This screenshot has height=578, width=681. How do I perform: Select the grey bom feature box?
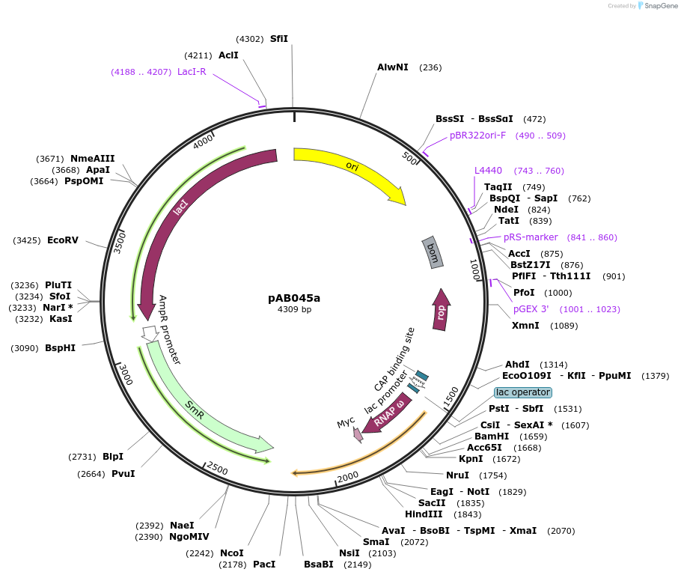tap(433, 252)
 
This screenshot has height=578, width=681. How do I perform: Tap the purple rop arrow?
tap(442, 309)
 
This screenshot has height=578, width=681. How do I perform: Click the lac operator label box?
tap(523, 392)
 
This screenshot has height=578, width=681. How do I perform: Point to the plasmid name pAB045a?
tap(294, 297)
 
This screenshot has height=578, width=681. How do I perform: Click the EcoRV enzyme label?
tap(63, 240)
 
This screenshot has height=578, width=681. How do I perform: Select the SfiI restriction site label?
tap(279, 39)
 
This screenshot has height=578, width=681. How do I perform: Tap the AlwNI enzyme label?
tap(393, 67)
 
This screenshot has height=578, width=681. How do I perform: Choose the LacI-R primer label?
tap(192, 72)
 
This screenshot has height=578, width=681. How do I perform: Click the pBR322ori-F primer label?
tap(478, 136)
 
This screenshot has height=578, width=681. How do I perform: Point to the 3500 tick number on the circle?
tap(120, 242)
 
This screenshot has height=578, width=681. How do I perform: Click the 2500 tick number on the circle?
tap(217, 469)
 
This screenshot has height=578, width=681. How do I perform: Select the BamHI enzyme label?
tap(492, 436)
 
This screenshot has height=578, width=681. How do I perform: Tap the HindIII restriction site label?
tap(424, 514)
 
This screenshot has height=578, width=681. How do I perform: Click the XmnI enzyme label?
tap(525, 326)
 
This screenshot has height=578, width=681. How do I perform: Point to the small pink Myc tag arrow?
tap(358, 434)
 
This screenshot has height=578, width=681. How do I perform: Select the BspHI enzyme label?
tap(60, 348)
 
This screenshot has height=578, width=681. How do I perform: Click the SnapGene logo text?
tap(659, 6)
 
